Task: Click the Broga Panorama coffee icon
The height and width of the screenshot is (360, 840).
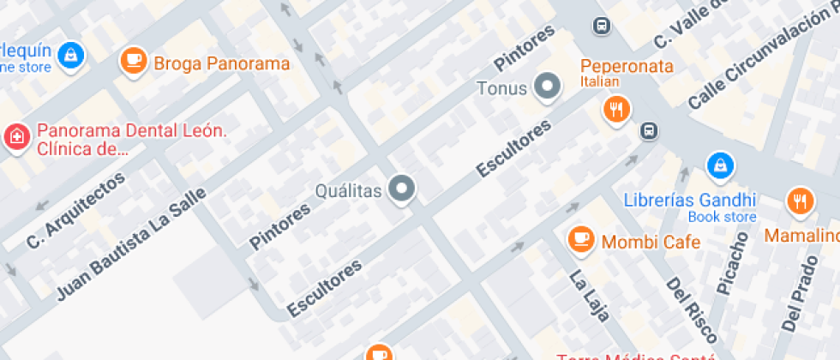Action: (x=133, y=60)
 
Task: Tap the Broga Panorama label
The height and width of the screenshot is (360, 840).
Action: (x=221, y=63)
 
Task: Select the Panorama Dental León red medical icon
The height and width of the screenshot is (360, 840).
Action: (x=15, y=136)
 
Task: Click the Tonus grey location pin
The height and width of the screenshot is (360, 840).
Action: (x=546, y=86)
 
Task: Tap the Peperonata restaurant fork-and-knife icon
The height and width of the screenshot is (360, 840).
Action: (x=615, y=108)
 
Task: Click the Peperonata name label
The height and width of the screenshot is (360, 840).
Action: (x=627, y=67)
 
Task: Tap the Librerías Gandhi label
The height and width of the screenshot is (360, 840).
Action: (x=690, y=200)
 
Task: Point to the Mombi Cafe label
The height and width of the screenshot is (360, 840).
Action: (x=651, y=242)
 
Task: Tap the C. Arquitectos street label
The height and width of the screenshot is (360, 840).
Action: (x=76, y=210)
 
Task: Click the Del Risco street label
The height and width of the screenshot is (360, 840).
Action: (x=680, y=309)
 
